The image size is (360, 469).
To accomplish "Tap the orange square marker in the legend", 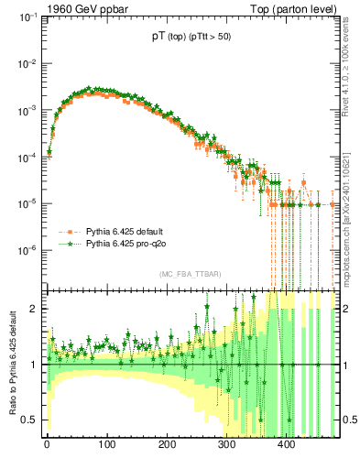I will point(66,233).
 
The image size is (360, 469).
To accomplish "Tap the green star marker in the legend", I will point(66,245).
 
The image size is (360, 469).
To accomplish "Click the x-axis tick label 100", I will point(106,447).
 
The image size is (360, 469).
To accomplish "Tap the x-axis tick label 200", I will point(166,447).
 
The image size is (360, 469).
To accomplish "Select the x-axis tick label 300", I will point(226,447).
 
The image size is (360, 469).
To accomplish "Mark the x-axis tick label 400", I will point(286,447).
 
